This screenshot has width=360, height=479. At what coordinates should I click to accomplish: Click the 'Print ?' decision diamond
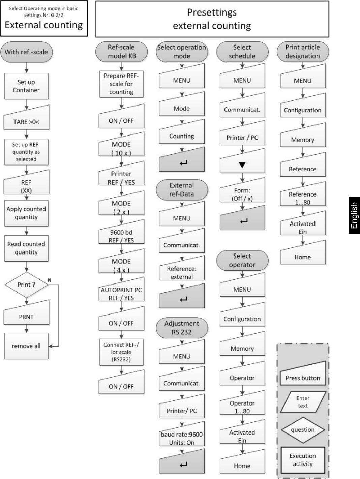[x=26, y=285]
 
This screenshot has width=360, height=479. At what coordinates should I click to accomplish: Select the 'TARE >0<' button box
[x=26, y=117]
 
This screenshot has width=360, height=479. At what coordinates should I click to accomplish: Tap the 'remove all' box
[x=26, y=346]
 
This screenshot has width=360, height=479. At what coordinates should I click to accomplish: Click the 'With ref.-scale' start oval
[x=26, y=52]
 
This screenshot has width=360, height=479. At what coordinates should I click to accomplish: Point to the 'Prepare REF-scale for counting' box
[x=121, y=84]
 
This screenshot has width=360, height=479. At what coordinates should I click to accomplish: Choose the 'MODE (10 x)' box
[x=121, y=144]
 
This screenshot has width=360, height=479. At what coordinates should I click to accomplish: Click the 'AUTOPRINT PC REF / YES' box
[x=121, y=289]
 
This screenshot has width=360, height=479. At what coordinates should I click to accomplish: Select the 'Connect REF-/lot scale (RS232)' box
[x=121, y=352]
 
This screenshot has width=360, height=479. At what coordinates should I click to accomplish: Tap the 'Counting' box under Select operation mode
[x=182, y=131]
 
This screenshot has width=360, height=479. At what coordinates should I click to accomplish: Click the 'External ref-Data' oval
[x=182, y=190]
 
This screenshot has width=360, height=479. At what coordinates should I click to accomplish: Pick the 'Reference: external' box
[x=182, y=268]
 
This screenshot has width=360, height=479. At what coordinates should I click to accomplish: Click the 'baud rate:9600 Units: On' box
[x=182, y=433]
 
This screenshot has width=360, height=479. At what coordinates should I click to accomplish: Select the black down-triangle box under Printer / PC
[x=242, y=160]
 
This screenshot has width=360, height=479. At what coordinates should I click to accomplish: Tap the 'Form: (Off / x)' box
[x=242, y=190]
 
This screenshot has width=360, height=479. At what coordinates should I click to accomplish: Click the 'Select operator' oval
[x=242, y=260]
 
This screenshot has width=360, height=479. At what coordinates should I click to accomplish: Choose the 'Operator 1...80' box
[x=242, y=402]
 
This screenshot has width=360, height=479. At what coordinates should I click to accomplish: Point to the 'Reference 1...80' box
[x=303, y=193]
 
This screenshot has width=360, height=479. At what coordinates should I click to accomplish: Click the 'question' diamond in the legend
[x=303, y=430]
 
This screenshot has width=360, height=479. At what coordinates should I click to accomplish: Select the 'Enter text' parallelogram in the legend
[x=303, y=402]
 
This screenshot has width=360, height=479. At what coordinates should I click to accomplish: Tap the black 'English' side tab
[x=354, y=215]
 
